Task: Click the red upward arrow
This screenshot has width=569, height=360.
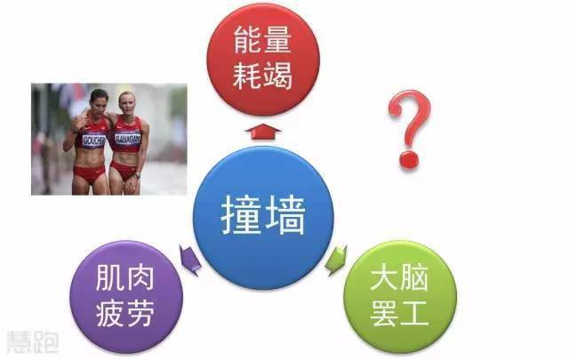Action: [263, 132]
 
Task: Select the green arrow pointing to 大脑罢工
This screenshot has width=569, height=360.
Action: [336, 260]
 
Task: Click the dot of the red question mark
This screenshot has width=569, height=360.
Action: [409, 160]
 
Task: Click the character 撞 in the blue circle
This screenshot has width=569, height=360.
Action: [241, 216]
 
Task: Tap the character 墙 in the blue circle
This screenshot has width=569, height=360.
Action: [285, 216]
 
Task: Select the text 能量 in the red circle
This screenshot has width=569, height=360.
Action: [262, 40]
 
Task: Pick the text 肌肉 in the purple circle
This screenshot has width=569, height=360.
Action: [124, 277]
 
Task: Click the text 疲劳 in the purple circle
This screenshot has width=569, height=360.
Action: [124, 313]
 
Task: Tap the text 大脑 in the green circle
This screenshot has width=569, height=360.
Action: [399, 277]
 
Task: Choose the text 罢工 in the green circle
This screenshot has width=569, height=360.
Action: [399, 313]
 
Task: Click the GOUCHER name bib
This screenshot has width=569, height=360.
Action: [93, 140]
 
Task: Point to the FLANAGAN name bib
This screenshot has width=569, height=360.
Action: [127, 139]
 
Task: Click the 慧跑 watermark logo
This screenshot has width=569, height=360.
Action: [32, 342]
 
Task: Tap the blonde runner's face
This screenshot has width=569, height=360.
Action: [127, 103]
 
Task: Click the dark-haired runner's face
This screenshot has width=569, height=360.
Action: [99, 100]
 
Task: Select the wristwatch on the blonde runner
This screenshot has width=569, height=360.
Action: [138, 176]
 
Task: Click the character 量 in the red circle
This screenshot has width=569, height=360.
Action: [277, 40]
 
